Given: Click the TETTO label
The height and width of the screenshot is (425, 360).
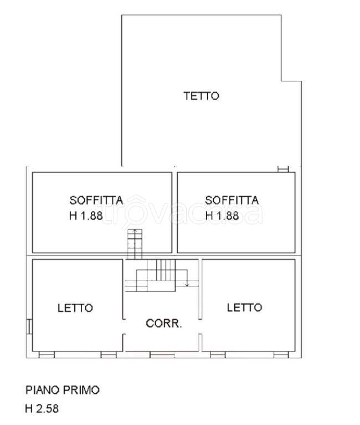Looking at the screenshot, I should coord(201,96).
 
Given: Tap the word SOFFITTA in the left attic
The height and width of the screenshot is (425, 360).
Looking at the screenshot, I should coord(96,200).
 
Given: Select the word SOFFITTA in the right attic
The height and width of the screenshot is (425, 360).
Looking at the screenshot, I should coord(232,200).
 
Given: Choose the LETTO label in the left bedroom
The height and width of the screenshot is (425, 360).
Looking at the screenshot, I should coord(75,308).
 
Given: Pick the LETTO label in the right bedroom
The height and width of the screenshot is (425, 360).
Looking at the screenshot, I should coord(244,307).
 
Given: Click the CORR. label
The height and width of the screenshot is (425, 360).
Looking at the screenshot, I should coord(163,324).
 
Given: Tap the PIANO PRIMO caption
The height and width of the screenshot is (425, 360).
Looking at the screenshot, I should coord(63,390).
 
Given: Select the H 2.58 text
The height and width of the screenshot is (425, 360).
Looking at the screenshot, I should coord(42,410).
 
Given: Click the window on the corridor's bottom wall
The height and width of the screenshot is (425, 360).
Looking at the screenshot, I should coord(162,353).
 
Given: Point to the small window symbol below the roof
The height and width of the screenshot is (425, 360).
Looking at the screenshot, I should coord(283,169).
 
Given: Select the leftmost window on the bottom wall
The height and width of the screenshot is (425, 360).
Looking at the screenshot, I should coord(46,353).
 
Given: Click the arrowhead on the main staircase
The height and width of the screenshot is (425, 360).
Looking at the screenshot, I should coord(187,285).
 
